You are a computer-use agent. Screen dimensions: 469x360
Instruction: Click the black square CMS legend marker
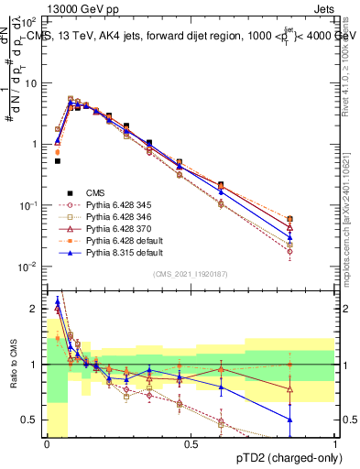pyautogui.click(x=69, y=193)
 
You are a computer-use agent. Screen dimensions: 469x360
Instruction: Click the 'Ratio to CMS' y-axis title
pyautogui.click(x=12, y=365)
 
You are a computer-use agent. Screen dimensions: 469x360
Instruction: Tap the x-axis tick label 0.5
pyautogui.click(x=191, y=443)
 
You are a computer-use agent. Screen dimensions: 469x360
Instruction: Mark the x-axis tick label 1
pyautogui.click(x=335, y=443)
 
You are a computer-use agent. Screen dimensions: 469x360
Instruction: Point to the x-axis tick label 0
pyautogui.click(x=47, y=443)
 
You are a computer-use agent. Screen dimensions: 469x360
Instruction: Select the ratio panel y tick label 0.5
pyautogui.click(x=33, y=420)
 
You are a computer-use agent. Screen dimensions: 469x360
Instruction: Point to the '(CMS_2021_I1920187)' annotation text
pyautogui.click(x=190, y=274)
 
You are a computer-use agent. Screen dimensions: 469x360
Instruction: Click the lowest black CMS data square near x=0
pyautogui.click(x=57, y=161)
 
